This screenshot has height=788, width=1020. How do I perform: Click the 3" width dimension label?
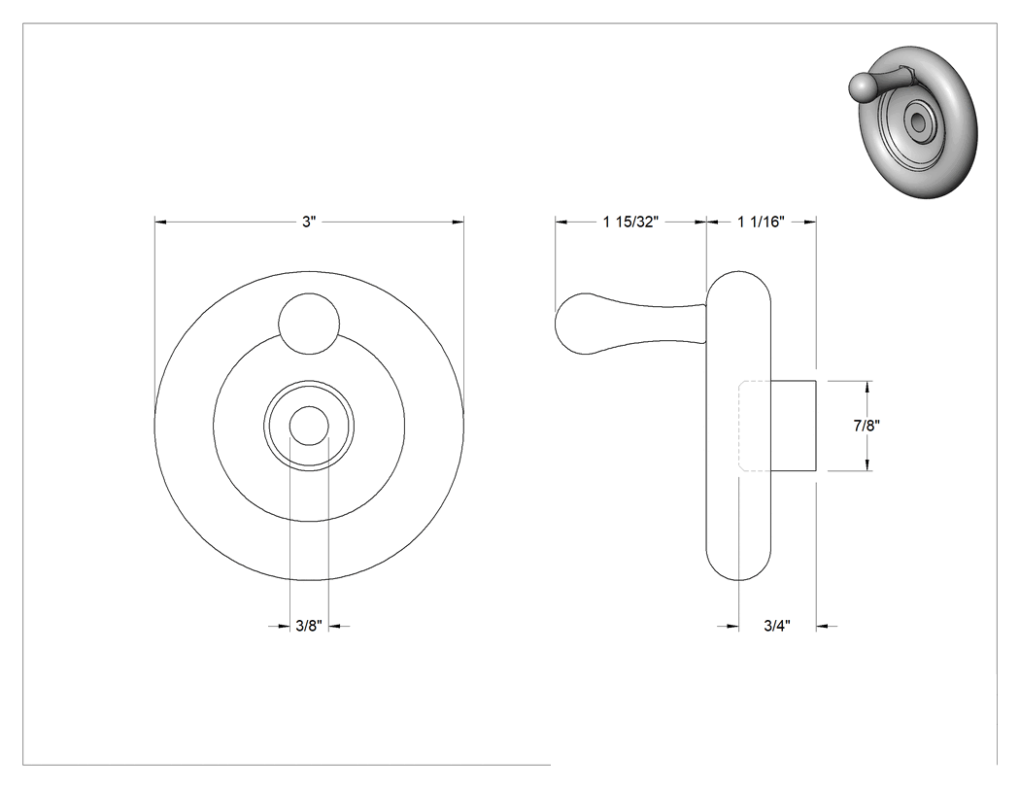[x=308, y=222]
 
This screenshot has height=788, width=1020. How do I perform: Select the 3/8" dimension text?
[x=309, y=626]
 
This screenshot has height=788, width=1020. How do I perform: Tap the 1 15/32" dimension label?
[x=631, y=222]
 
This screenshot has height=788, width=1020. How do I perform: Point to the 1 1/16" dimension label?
[x=761, y=222]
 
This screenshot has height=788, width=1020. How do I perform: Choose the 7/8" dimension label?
[x=867, y=426]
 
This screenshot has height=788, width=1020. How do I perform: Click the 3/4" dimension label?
[x=777, y=626]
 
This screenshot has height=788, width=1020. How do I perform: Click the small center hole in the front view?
[x=309, y=427]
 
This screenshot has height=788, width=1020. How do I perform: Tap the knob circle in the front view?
[x=309, y=325]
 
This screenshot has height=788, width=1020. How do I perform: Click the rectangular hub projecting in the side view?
[x=794, y=425]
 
